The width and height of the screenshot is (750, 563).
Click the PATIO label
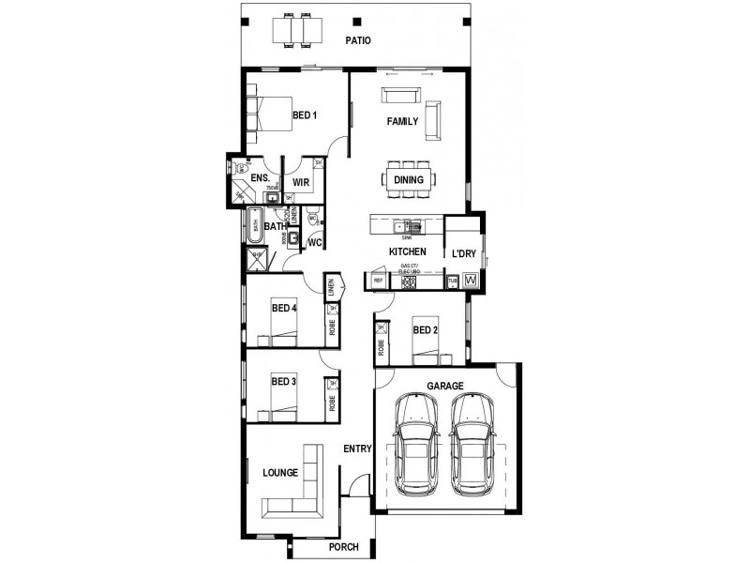[x=357, y=41]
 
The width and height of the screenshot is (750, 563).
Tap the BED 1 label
[x=305, y=115]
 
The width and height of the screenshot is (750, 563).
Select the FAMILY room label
[x=403, y=122]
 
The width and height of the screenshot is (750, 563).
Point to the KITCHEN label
[x=408, y=252]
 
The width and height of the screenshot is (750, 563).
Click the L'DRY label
[x=464, y=253]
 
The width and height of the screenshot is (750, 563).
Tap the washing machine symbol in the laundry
[x=471, y=281]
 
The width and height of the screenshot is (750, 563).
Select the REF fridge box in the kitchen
[x=379, y=281]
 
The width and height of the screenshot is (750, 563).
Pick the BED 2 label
[x=425, y=329]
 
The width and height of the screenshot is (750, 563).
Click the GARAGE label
[x=445, y=386]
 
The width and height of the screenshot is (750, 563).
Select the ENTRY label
[x=357, y=449]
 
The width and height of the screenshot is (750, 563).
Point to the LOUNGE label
[x=280, y=473]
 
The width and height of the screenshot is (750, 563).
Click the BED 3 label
[x=284, y=382]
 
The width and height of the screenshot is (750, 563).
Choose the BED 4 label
[x=284, y=308]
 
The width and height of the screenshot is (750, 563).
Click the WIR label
[x=301, y=182]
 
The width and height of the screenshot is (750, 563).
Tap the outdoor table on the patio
[x=296, y=32]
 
